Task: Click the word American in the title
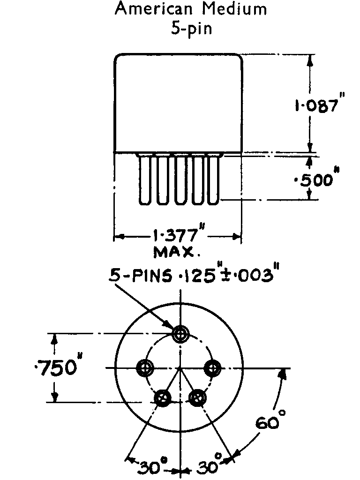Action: [149, 9]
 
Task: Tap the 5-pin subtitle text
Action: [191, 29]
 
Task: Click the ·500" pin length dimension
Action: [319, 179]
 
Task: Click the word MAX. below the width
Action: [177, 253]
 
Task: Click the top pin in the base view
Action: [180, 334]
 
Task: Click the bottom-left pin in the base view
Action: [163, 397]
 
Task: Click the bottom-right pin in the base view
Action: [197, 397]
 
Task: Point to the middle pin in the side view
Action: [180, 180]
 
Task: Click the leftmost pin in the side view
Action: [144, 180]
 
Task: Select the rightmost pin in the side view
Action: [214, 180]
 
